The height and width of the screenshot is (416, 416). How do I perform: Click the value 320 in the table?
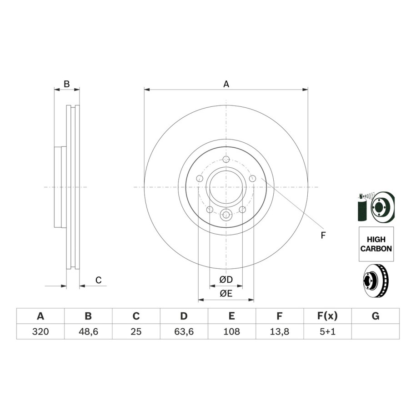tap(40, 331)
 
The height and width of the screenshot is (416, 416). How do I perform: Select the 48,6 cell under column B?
tap(88, 331)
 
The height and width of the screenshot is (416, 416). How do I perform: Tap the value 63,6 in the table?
tap(184, 331)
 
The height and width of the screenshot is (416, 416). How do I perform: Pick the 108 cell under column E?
tap(231, 331)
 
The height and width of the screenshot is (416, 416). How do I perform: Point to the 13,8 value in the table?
tap(279, 331)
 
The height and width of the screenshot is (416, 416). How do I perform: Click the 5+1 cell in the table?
tap(327, 331)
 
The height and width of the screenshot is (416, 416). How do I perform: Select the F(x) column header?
tap(327, 316)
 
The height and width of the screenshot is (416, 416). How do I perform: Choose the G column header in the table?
tap(376, 316)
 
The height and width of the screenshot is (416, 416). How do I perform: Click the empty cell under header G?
tap(376, 331)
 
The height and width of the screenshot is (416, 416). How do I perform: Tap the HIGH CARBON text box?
tap(376, 244)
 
